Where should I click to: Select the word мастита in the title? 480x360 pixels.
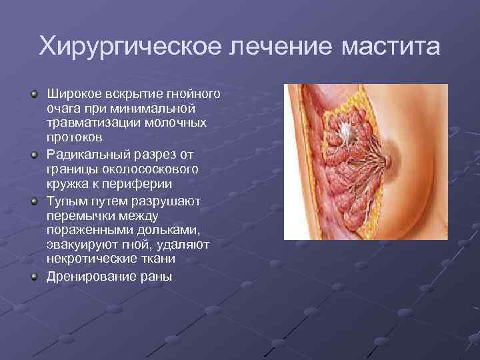391,47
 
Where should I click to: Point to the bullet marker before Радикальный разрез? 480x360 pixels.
35,155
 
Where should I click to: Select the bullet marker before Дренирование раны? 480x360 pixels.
35,276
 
